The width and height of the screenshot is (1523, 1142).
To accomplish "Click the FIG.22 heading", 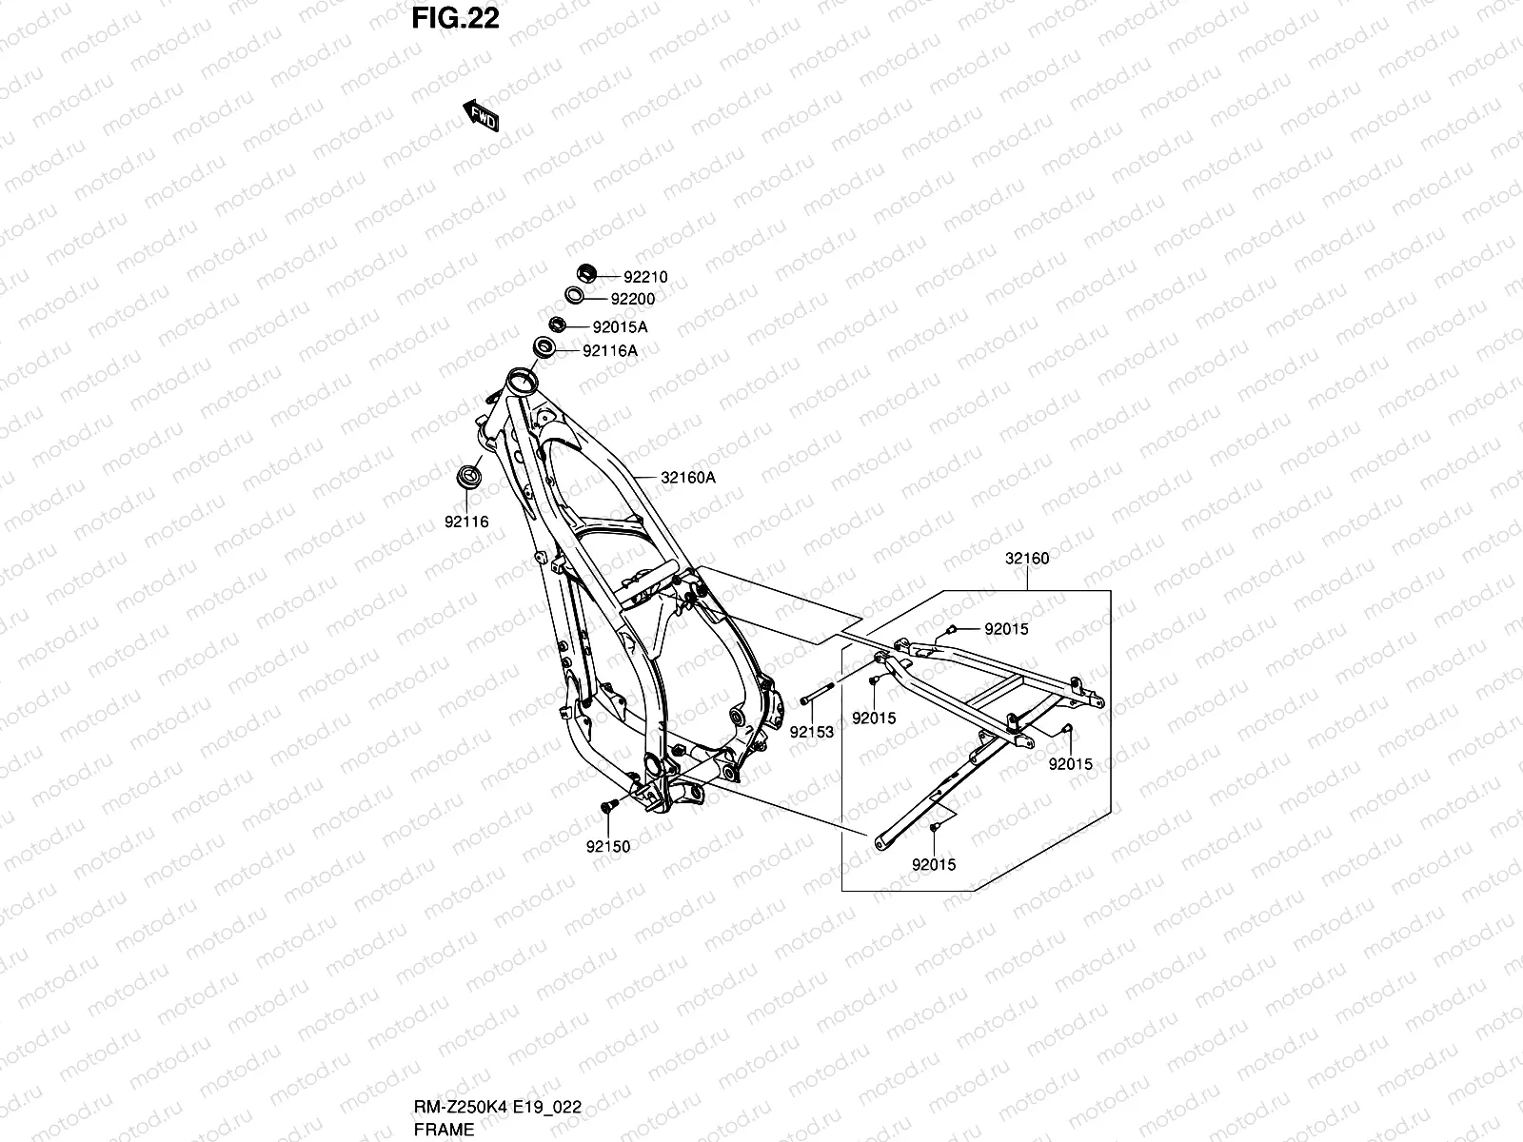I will [x=455, y=19].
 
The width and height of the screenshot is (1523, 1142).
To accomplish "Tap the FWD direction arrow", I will [x=482, y=116].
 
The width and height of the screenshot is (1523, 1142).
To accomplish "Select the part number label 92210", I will [x=645, y=278].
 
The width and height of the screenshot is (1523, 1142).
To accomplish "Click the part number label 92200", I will [x=633, y=299].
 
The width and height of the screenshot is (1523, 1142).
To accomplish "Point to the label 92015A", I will [x=620, y=327].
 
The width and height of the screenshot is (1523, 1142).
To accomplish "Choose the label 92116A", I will [x=610, y=351].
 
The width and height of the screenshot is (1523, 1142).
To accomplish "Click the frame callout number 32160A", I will [x=687, y=479].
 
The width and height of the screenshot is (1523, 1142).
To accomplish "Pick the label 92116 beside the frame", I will [x=466, y=522].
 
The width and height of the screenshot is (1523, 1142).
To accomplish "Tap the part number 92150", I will [x=608, y=846].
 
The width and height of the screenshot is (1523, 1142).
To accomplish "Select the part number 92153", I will [x=811, y=732].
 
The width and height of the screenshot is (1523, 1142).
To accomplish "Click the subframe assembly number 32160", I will [x=1027, y=559].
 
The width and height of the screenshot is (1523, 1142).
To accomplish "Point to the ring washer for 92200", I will [x=574, y=295].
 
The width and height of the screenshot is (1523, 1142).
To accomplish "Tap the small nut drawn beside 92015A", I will [x=558, y=325].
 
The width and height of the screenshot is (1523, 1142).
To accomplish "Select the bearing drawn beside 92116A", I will [x=544, y=346].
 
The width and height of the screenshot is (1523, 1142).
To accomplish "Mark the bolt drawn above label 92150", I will [x=606, y=808].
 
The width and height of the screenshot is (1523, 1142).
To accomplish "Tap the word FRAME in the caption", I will [x=443, y=1130].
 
